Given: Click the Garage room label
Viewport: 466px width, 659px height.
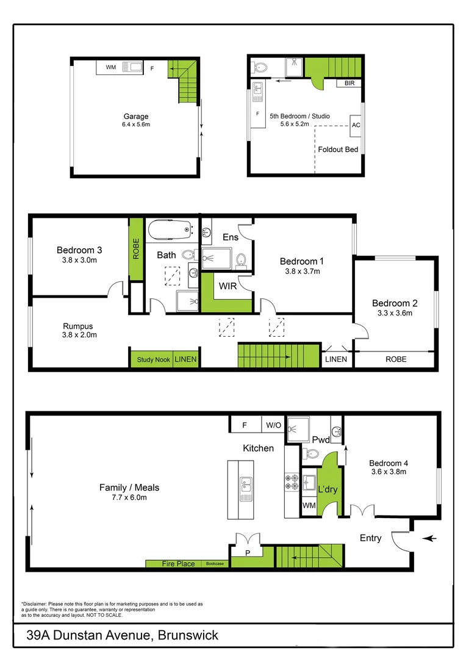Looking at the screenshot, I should (x=136, y=117).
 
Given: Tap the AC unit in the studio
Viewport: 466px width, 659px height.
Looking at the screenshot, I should (x=356, y=125).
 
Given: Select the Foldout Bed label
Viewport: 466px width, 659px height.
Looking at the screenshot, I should (x=338, y=149).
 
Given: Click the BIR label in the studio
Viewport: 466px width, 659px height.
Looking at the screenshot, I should (x=349, y=83).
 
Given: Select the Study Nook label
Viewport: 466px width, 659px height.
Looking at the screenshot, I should (x=153, y=359).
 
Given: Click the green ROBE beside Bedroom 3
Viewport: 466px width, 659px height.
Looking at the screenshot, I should (x=136, y=248).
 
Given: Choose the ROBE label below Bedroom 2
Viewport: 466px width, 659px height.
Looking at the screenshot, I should (x=395, y=359).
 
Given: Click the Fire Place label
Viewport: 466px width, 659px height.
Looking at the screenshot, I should (x=178, y=564).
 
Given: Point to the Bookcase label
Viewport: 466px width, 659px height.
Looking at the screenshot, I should (x=215, y=564).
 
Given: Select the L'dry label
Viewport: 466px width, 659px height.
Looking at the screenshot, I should (x=328, y=489).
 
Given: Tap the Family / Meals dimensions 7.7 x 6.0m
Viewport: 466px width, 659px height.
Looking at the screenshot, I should (x=129, y=497).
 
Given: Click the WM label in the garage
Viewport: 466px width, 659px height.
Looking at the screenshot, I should (x=110, y=67).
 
